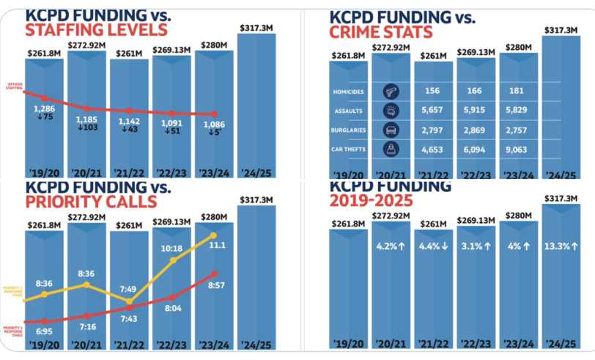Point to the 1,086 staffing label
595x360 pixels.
[214, 124]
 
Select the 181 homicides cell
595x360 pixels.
[516, 91]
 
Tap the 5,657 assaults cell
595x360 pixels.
[432, 110]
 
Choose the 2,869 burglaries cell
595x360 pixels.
[474, 130]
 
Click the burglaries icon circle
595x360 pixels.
[391, 130]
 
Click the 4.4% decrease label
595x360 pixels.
[432, 246]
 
